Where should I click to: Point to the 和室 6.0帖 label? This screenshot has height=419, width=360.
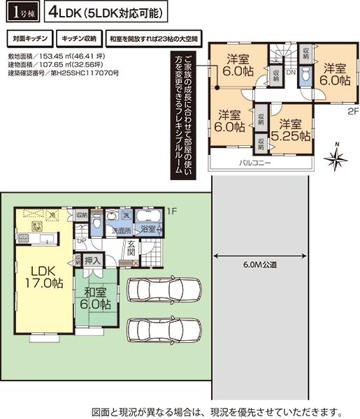pos(94,298)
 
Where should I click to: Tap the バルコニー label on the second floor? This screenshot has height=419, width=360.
pos(255,163)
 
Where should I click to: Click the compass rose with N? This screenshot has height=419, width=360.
pos(336,159)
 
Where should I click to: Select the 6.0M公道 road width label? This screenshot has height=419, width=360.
pos(261,265)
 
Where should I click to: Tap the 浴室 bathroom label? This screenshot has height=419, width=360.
pos(147,228)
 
